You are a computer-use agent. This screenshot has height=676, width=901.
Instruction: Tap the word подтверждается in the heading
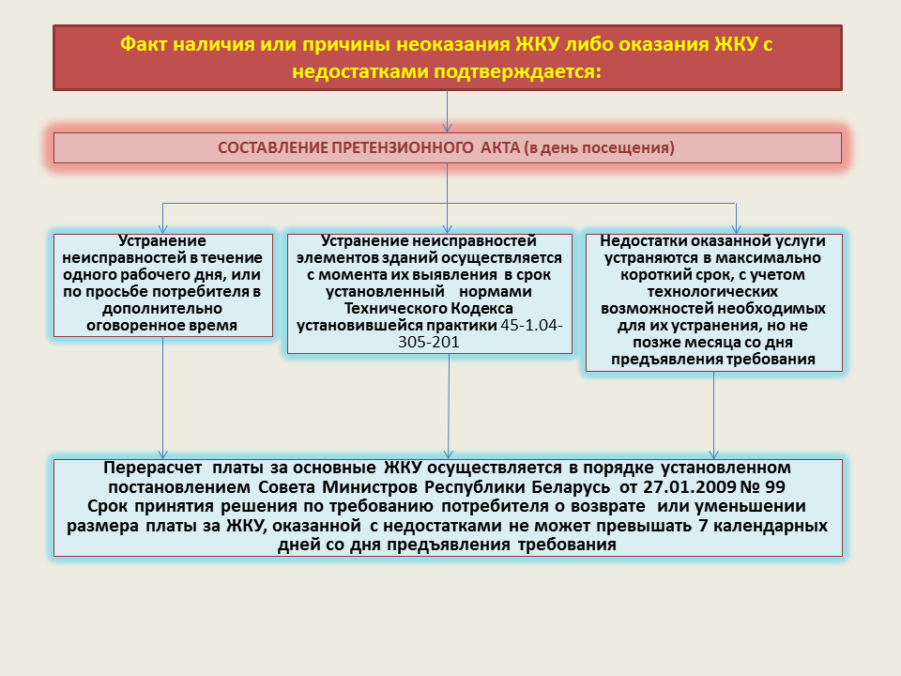(515, 71)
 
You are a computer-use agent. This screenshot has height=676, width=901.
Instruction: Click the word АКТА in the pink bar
(500, 147)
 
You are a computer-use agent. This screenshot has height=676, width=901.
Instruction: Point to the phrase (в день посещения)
(599, 147)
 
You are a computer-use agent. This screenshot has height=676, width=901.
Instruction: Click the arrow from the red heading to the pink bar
(447, 112)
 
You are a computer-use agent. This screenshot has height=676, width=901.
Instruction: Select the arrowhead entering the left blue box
(163, 228)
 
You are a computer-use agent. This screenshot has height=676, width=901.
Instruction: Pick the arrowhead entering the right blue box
(736, 228)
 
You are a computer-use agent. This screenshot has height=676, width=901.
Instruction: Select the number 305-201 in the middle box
(429, 342)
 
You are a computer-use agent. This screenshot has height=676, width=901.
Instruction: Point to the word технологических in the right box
(712, 291)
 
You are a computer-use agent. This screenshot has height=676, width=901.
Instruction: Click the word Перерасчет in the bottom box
(152, 468)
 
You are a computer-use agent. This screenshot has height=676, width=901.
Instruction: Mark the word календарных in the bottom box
(769, 526)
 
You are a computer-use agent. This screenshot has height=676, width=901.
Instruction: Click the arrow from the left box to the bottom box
(163, 398)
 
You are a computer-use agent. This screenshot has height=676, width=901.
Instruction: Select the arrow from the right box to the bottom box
(713, 415)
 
